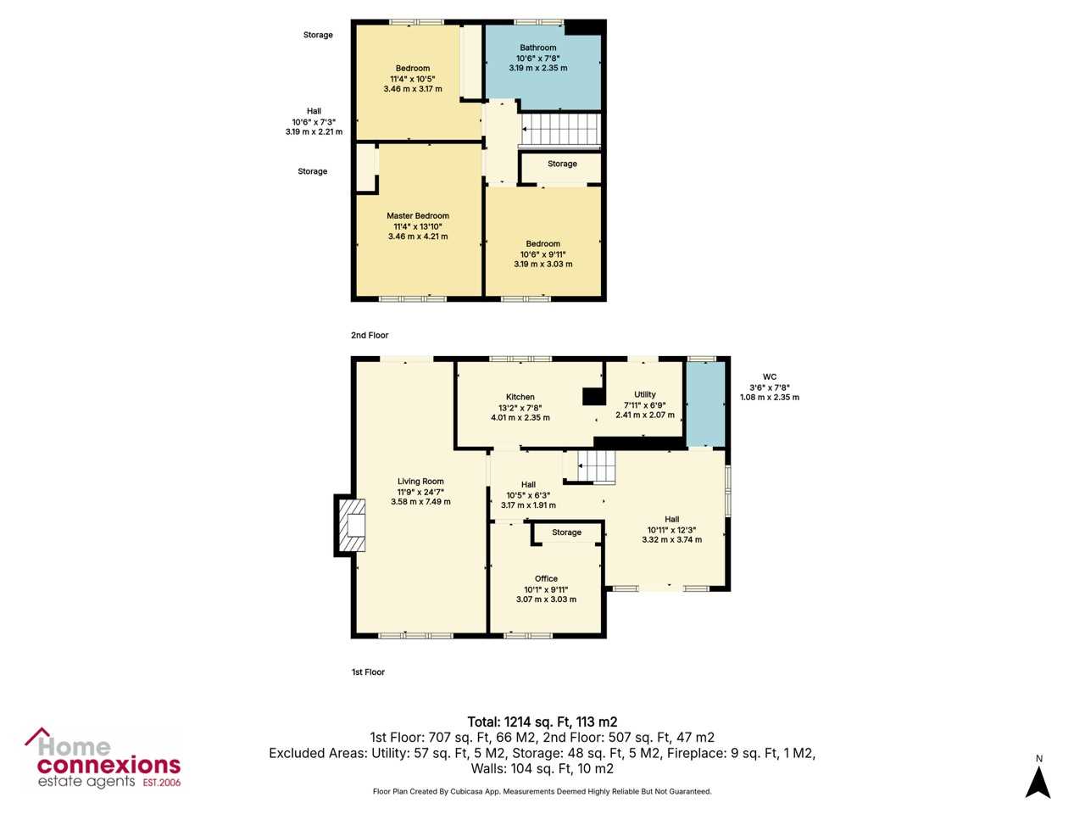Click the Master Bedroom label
418,215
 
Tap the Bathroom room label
537,47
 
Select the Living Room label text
420,481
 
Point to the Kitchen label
520,397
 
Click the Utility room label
644,394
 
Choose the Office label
546,578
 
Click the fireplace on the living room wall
350,526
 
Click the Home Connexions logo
103,759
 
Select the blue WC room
705,404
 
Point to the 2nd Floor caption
370,335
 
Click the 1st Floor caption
368,672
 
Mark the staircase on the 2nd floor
560,130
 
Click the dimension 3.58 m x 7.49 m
420,502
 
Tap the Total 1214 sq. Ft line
542,722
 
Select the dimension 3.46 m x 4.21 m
418,237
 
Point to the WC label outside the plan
770,376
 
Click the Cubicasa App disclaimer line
542,791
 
